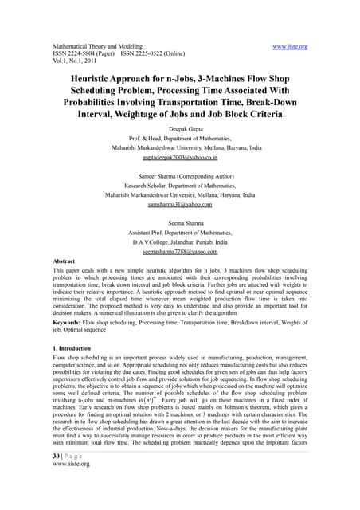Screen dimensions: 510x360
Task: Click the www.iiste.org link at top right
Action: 290,47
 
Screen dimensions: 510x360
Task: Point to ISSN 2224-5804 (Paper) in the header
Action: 86,55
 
